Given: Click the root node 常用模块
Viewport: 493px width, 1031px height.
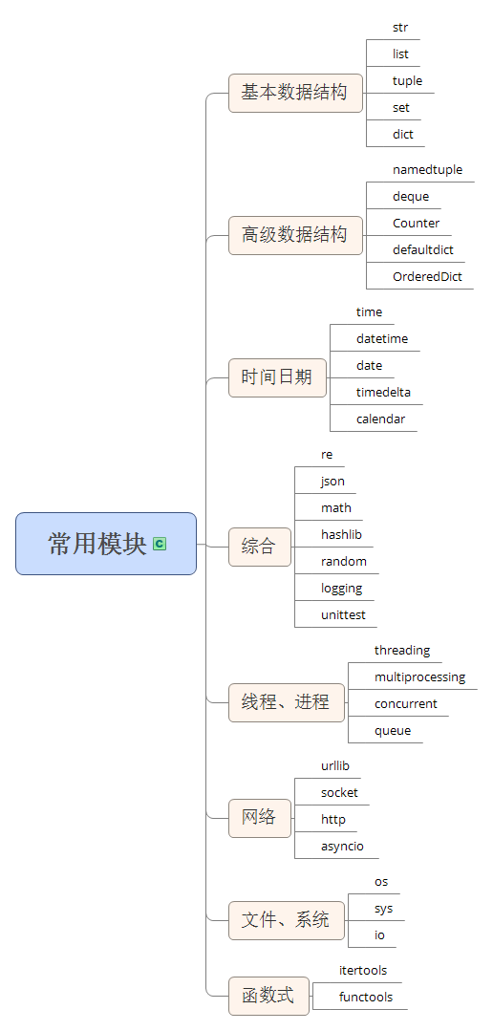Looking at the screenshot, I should coord(97,544).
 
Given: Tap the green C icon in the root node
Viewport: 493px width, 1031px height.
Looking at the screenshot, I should coord(160,544).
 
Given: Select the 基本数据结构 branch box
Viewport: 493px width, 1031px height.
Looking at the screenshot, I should coord(294,93).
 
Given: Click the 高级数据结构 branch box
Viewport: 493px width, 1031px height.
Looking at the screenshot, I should coord(294,235).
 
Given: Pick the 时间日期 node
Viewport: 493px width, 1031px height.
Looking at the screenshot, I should coord(276,376).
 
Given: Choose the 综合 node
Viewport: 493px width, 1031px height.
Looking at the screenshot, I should coord(259,547).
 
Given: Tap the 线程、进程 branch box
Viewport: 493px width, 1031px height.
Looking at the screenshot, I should coord(286,702).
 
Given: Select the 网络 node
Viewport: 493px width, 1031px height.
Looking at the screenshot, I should coord(259,818).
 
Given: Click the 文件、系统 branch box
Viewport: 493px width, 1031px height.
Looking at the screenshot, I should coord(286,920).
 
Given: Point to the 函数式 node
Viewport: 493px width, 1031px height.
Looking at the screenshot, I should coord(268,996).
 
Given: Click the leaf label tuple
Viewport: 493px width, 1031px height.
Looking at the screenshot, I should coord(407,81).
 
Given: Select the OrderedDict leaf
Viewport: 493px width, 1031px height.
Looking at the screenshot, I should coord(427,277).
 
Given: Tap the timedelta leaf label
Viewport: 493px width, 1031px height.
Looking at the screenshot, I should coord(383,393).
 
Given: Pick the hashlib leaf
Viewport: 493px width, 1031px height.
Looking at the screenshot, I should coord(341,535).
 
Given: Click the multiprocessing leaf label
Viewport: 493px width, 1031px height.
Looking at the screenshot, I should coord(419,677).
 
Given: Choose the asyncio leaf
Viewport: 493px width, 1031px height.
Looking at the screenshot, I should coord(342,847).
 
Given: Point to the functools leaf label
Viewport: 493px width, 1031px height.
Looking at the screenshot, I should coord(365,998).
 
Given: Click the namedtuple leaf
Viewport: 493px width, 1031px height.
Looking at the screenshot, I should coord(427,170).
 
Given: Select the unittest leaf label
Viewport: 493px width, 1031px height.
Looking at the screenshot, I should coord(343,615).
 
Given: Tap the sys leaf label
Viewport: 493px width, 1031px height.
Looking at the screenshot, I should coord(383,909).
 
